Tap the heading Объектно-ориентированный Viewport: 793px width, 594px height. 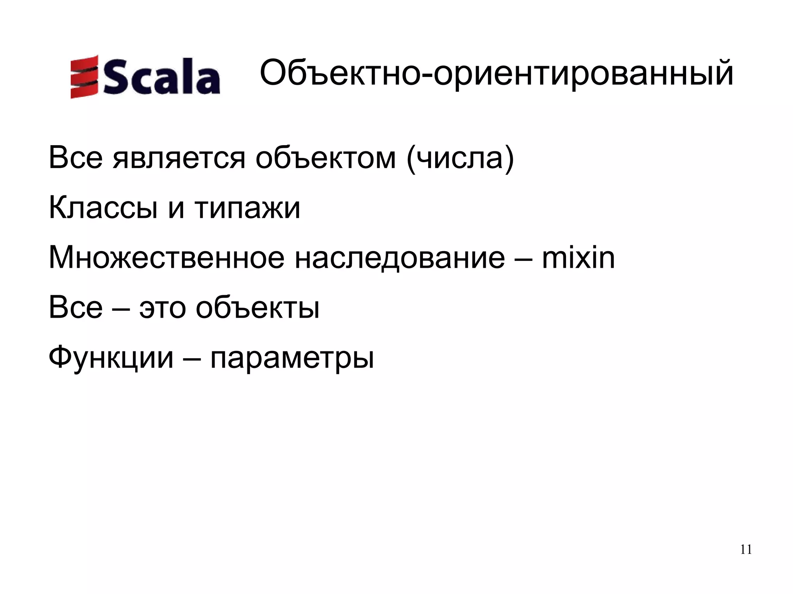(x=496, y=73)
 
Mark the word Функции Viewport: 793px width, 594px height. (x=111, y=358)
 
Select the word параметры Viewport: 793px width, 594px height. (x=292, y=358)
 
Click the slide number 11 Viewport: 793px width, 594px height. (x=746, y=550)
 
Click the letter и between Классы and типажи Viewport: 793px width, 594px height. (x=176, y=209)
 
